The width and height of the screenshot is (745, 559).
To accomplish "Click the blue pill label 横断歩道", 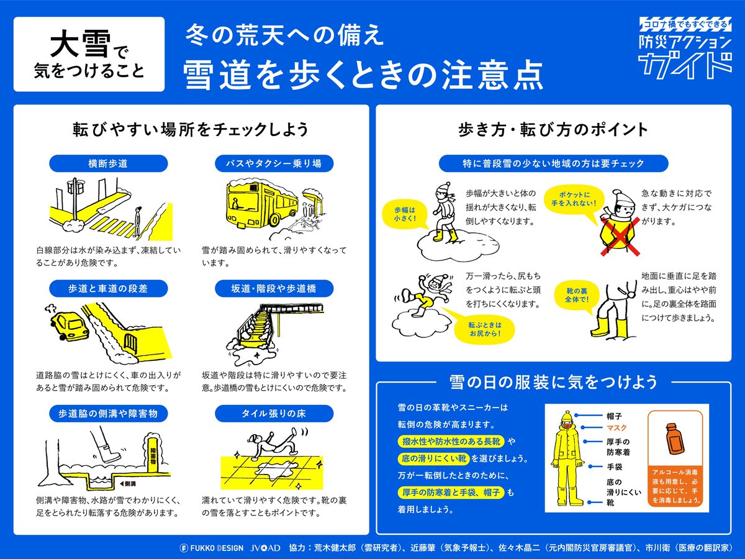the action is pos(108,163).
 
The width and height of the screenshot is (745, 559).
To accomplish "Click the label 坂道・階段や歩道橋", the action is pos(274,288).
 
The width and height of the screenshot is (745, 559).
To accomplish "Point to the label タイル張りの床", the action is pos(274,413).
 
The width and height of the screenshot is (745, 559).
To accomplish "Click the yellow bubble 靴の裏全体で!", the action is pos(573,295).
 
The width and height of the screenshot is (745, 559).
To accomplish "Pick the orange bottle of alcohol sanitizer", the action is pos(676,437).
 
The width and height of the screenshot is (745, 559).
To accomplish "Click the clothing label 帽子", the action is pos(614,414).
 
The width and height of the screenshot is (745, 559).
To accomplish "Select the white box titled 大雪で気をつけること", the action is pos(89,54).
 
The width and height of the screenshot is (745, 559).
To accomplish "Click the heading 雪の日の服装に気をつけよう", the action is pos(553,381).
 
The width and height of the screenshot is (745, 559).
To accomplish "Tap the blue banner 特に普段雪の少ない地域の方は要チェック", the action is pos(553,163).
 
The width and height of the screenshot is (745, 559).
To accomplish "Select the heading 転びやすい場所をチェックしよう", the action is pos(190,130).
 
